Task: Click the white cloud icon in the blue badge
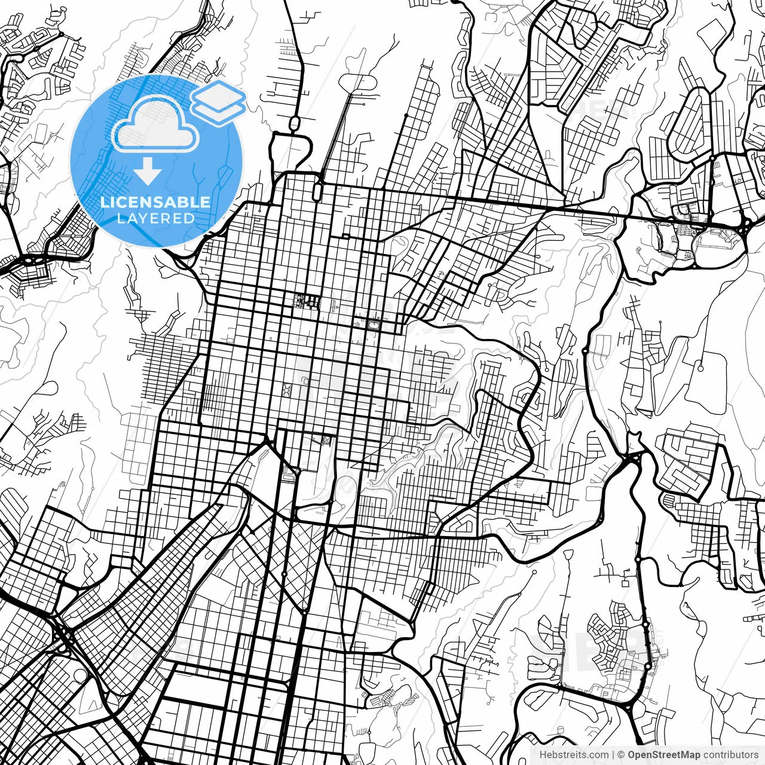click(x=155, y=126)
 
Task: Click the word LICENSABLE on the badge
click(x=155, y=203)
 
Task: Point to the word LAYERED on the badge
click(x=155, y=218)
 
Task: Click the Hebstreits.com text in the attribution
click(x=574, y=755)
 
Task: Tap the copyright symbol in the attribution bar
click(x=622, y=755)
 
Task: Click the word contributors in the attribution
click(x=730, y=755)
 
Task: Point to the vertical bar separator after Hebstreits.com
click(x=614, y=755)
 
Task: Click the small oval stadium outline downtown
click(x=374, y=325)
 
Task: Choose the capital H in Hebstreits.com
click(x=543, y=755)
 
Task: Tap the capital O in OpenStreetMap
click(x=632, y=755)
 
